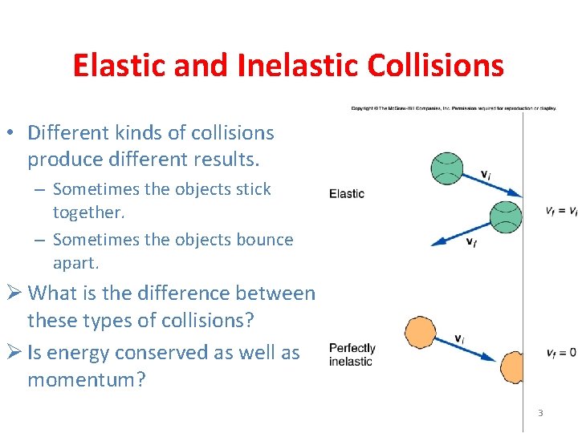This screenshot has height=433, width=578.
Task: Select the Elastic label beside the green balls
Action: coord(347,193)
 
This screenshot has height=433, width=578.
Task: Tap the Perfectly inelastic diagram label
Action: coord(352,354)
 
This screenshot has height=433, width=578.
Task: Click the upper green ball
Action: coord(447,167)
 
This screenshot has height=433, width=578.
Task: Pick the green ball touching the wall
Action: coord(506,216)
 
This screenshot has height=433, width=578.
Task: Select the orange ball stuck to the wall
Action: coord(510,366)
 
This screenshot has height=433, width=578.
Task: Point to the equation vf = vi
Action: coord(560,211)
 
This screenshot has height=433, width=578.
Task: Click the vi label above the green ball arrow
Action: coord(486,175)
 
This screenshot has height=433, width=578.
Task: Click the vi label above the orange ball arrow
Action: coord(459,338)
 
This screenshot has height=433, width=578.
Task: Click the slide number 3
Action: coord(540,413)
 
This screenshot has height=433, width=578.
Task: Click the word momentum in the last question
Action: coord(87,379)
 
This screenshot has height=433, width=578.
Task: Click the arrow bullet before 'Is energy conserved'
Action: coord(14,353)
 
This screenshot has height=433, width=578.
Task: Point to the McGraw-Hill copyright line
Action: coord(453,107)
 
